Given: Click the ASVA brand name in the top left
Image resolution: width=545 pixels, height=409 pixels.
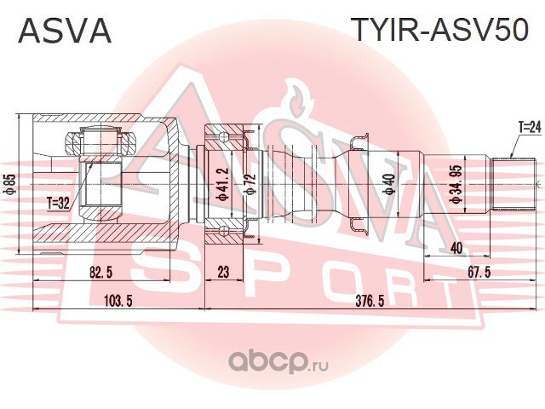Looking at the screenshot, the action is click(65, 32).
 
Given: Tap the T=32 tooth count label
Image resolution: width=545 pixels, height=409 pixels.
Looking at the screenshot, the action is click(59, 203).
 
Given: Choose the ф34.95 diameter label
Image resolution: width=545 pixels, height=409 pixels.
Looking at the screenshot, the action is click(456, 182).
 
